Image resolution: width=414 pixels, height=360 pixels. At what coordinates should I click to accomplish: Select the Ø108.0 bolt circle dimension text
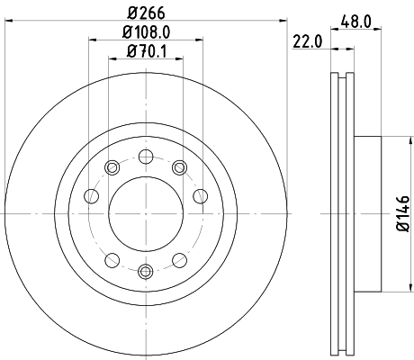(145, 33)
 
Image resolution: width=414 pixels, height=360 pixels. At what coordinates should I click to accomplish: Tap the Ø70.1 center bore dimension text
(145, 51)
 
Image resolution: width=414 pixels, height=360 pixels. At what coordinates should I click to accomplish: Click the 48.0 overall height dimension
(358, 17)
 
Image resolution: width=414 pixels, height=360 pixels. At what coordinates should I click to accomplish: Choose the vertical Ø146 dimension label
(402, 213)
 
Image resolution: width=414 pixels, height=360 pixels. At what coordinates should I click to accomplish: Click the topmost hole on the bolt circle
(145, 156)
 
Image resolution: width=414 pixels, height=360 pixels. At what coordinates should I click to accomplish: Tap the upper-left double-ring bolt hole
(112, 166)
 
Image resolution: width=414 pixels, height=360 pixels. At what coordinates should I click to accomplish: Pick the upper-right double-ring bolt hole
(178, 166)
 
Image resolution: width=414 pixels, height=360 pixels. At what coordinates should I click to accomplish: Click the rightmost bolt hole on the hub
(201, 196)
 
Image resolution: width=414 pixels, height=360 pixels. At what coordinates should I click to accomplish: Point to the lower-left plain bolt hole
(112, 260)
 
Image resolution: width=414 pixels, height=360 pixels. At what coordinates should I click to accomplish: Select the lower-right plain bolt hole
(178, 260)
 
